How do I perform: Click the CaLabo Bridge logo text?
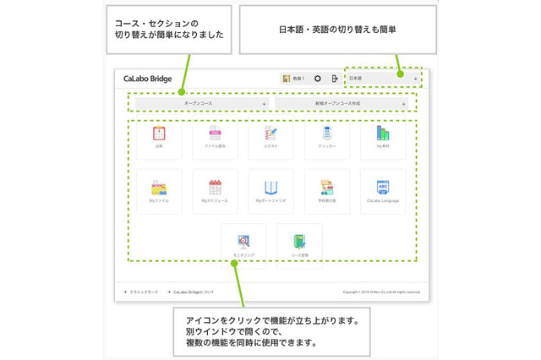147,79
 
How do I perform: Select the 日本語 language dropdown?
383,79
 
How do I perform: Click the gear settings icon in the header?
318,79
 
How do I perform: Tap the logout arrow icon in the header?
335,79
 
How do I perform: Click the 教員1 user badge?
292,79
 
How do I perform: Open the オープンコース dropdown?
201,103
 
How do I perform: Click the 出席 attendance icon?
158,134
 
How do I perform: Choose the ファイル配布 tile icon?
214,134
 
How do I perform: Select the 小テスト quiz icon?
270,134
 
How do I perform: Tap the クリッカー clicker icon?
326,134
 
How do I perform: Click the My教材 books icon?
383,134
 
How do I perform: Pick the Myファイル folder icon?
158,188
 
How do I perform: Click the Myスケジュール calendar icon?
214,188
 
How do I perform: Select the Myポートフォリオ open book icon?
270,188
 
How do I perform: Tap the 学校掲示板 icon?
326,188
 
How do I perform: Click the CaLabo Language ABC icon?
383,188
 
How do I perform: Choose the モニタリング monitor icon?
243,242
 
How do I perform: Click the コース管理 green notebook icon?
299,242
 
